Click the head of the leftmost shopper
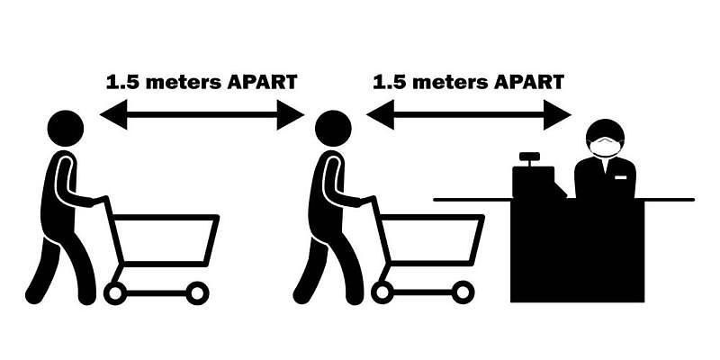pos(66,129)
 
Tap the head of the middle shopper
pos(333,129)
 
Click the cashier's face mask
pos(605,146)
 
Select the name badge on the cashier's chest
pos(620,176)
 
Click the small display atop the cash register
pos(529,157)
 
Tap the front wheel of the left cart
pos(197,293)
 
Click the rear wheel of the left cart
pos(115,293)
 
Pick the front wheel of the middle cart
pos(463,292)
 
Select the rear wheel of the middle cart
pos(382,292)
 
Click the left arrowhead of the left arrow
pos(113,115)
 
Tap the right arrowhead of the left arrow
pos(290,115)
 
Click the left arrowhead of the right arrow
pos(380,115)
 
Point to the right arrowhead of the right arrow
pos(557,115)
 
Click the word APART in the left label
pos(262,82)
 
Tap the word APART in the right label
pos(529,82)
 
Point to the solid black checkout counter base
pos(578,251)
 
